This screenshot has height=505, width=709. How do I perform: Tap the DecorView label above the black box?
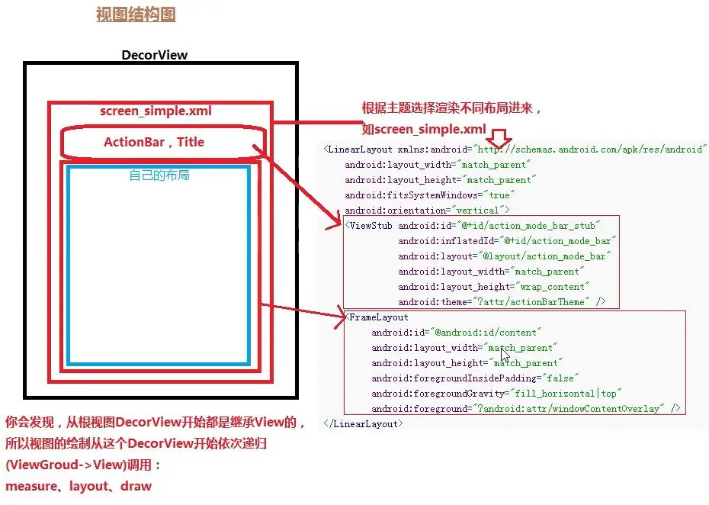pyautogui.click(x=155, y=55)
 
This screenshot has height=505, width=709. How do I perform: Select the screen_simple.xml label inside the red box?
pyautogui.click(x=156, y=111)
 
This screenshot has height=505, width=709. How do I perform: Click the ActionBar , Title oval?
pyautogui.click(x=155, y=142)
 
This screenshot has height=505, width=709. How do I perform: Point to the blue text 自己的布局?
pyautogui.click(x=159, y=175)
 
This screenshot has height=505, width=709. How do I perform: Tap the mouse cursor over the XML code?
pyautogui.click(x=505, y=356)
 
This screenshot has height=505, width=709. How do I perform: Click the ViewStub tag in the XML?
pyautogui.click(x=369, y=226)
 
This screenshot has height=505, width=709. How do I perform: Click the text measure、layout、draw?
pyautogui.click(x=79, y=486)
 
